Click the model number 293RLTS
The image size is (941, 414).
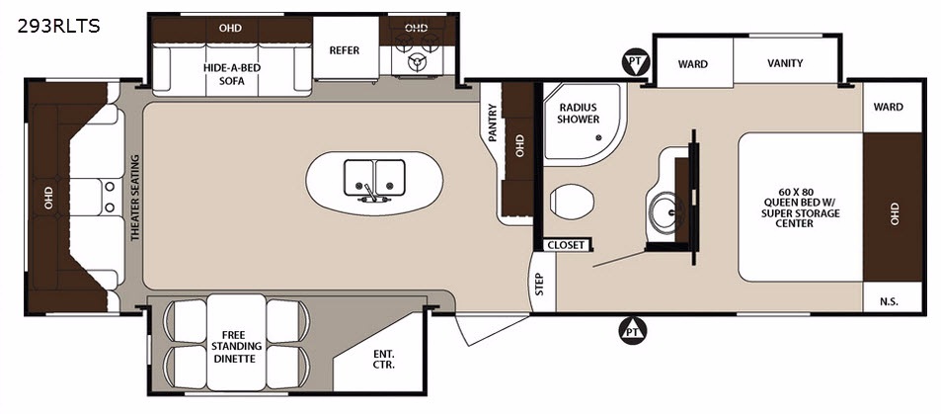(59, 26)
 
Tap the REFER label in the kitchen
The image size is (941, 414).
(345, 50)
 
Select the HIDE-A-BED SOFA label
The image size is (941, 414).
(232, 74)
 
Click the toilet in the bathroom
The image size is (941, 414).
(572, 201)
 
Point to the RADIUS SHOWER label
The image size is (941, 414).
(578, 114)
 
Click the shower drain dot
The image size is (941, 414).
(598, 137)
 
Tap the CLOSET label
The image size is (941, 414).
(566, 245)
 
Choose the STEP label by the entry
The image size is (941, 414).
(539, 285)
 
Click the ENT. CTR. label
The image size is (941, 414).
(383, 360)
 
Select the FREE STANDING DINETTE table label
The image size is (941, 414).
(236, 346)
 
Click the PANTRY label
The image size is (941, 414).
(493, 123)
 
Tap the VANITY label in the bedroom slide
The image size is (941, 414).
(785, 63)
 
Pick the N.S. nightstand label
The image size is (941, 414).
(890, 301)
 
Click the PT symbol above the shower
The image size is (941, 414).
(634, 62)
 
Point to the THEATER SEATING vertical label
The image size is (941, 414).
(134, 198)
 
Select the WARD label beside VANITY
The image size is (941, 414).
(692, 64)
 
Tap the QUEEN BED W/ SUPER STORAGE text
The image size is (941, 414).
(801, 208)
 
